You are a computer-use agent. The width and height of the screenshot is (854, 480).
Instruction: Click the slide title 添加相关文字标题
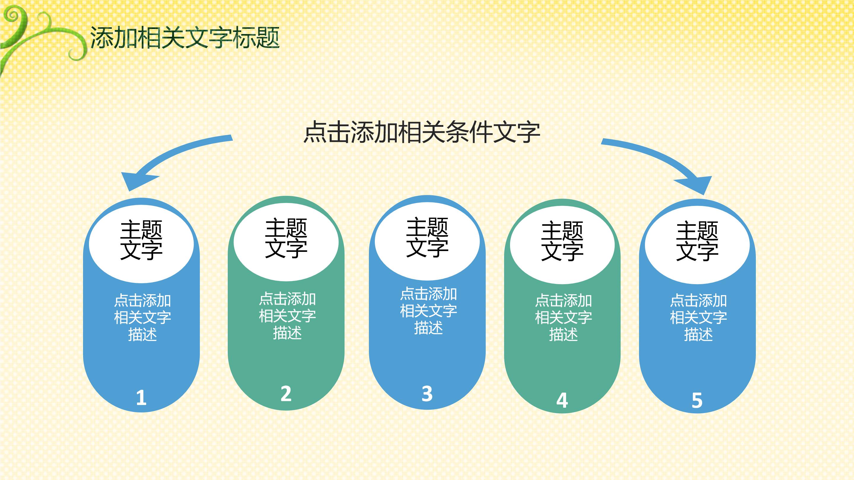tap(185, 38)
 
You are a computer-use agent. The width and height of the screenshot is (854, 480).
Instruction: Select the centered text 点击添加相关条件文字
tap(422, 132)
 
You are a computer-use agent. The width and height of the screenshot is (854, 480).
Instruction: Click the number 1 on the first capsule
tap(141, 398)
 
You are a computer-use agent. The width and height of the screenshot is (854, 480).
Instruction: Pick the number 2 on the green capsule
tap(286, 394)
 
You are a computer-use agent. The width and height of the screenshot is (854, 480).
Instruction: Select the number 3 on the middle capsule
tap(427, 394)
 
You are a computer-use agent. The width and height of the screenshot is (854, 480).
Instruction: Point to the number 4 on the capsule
tap(562, 400)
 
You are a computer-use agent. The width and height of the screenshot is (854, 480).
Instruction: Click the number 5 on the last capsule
tap(697, 400)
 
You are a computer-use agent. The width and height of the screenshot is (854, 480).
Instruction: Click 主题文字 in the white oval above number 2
tap(286, 238)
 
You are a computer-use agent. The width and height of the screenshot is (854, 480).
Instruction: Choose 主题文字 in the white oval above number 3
tap(427, 237)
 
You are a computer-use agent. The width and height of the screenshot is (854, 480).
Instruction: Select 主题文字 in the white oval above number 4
tap(562, 241)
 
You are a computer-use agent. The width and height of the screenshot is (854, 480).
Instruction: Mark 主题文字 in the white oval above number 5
tap(697, 241)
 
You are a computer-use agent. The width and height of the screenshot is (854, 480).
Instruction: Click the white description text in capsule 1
tap(142, 317)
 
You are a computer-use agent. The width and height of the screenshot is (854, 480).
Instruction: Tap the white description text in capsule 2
tap(287, 316)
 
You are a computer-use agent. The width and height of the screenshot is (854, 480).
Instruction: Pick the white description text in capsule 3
tap(428, 311)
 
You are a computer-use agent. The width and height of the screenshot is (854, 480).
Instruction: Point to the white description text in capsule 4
tap(563, 317)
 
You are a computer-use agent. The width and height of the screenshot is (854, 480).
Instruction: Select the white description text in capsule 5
tap(698, 317)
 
